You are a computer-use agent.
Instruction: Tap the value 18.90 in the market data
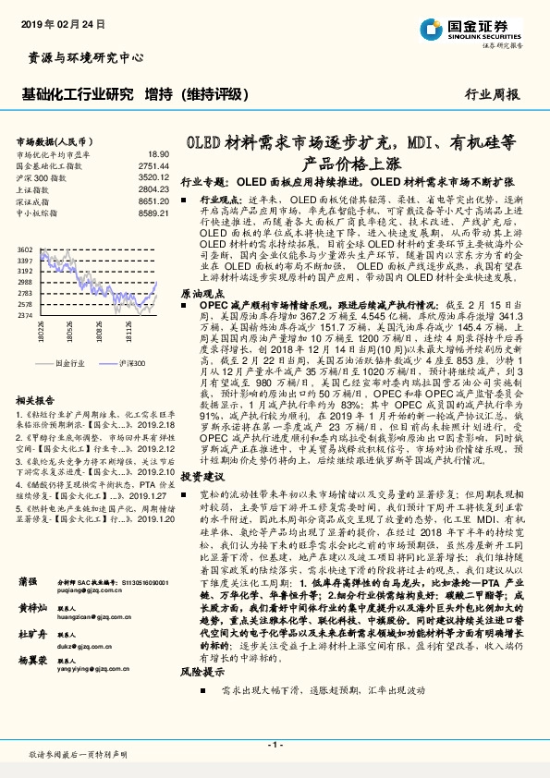[x=158, y=154]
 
